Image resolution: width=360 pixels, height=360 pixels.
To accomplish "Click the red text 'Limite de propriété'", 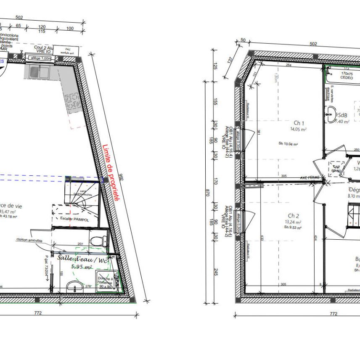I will [x=111, y=172].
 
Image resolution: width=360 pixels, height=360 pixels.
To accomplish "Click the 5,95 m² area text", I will [x=82, y=267].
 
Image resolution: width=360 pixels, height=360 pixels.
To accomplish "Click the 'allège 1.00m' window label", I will [x=40, y=59].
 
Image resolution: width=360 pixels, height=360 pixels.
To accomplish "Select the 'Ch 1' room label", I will [x=299, y=123].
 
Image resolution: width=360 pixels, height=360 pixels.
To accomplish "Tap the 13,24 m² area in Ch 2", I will [x=293, y=222].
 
